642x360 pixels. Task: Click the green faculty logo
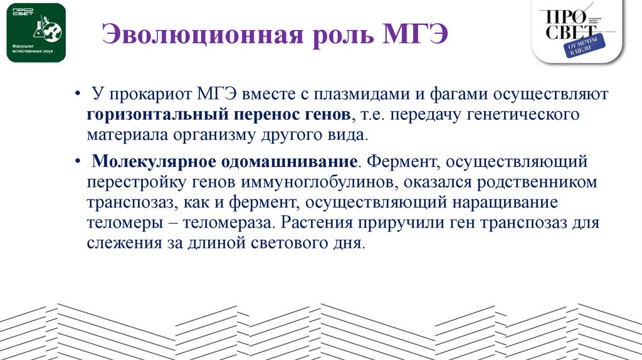tap(36, 33)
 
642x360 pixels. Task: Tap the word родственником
tap(538, 183)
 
